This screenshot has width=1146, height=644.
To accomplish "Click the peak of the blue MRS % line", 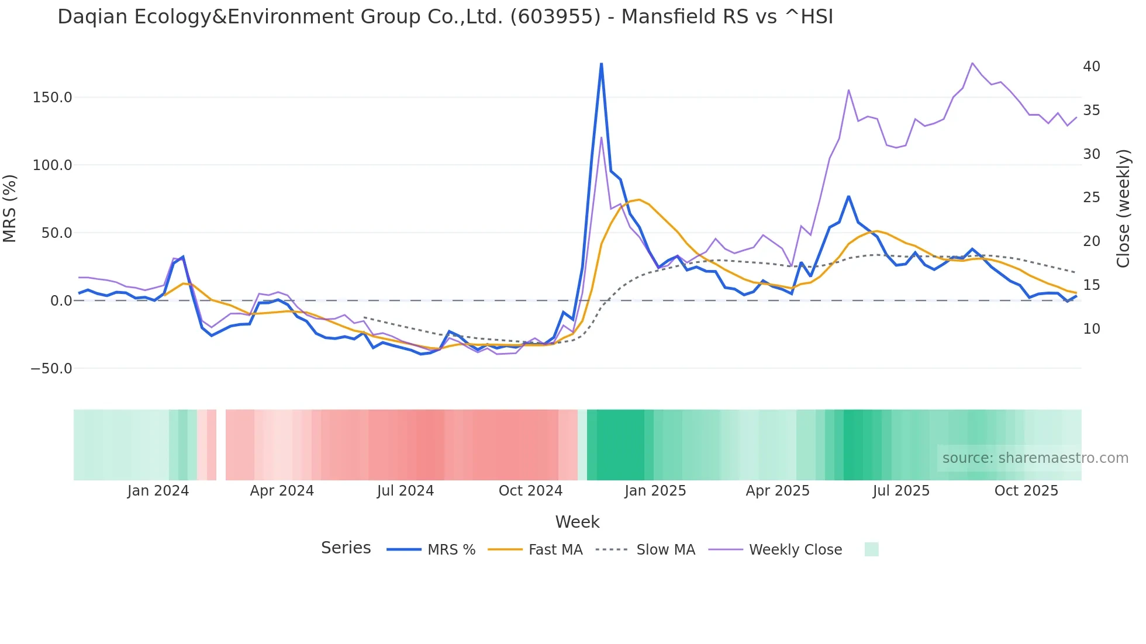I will point(601,64).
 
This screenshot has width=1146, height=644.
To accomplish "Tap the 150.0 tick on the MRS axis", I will point(52,98).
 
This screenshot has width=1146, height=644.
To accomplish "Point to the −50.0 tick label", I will point(51,369).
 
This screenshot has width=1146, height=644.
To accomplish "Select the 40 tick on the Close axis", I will point(1091,67).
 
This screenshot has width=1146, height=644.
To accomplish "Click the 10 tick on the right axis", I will point(1091,329).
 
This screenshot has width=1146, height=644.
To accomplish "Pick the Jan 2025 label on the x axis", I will point(655,491).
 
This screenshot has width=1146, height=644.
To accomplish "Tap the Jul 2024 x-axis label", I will point(405,491).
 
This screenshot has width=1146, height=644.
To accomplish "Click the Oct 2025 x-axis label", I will point(1026,491).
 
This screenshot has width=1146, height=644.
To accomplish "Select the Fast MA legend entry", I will point(555,550).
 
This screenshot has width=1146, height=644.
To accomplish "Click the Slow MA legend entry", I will point(665,550).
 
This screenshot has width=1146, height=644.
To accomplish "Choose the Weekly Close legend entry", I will point(795,550).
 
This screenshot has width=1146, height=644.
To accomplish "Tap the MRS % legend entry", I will point(451,550).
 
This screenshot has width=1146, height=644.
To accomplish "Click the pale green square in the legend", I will point(871,549).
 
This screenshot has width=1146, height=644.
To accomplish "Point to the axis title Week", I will point(577,522).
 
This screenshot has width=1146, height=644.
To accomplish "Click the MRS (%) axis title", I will point(10,208).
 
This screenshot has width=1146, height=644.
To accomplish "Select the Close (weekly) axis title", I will point(1123,209).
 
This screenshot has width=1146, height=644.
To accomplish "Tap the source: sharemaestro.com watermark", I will point(1035,458).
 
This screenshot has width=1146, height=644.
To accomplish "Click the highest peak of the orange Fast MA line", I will point(638,200).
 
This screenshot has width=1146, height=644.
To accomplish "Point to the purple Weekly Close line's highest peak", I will point(972,63).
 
